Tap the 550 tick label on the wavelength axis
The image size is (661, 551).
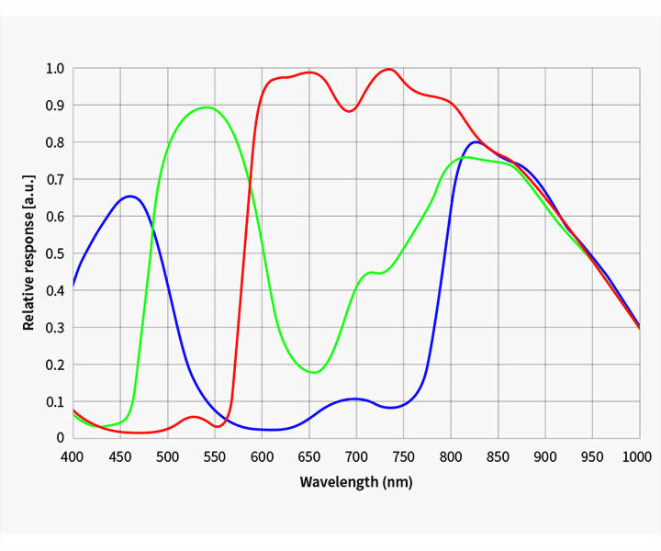(214, 456)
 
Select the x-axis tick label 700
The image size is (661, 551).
(356, 456)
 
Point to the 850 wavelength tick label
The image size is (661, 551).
(498, 456)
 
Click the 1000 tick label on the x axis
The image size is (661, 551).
(637, 456)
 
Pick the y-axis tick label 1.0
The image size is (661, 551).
(55, 68)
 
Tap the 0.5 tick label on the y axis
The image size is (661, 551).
(55, 253)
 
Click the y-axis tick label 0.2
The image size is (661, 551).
(55, 365)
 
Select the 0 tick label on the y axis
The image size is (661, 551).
(61, 438)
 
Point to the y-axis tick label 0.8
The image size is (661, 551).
(55, 142)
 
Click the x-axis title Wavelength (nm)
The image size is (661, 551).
(356, 482)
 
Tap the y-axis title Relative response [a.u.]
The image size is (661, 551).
(29, 253)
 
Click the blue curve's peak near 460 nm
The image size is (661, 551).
(129, 196)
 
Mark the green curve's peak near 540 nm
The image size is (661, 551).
(207, 107)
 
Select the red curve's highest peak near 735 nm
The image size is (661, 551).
(389, 69)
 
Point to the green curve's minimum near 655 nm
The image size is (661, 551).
(314, 372)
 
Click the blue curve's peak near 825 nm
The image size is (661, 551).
(475, 141)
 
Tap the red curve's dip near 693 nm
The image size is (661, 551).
(349, 111)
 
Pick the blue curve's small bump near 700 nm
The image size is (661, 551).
(356, 399)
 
